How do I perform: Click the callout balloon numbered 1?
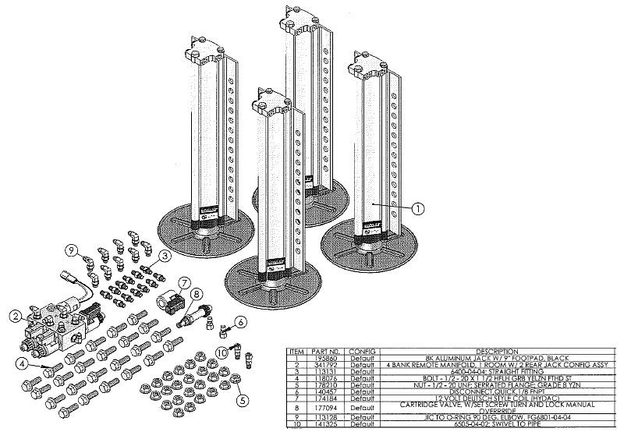tap(418, 208)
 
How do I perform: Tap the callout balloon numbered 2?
tap(14, 316)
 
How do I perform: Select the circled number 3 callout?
tap(165, 255)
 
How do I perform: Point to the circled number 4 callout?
tap(25, 362)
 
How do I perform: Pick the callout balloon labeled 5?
tap(243, 401)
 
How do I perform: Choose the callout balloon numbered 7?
tap(185, 282)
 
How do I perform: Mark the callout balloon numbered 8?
tap(197, 295)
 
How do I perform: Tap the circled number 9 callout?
tap(72, 250)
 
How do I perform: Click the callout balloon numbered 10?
tap(222, 352)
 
